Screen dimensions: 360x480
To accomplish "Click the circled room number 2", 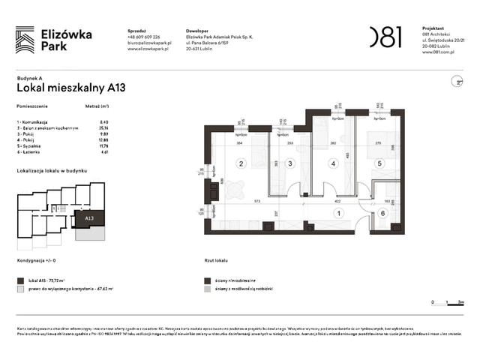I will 241,163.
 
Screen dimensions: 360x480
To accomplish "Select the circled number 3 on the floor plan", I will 288,163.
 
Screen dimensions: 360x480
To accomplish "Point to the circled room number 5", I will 379,163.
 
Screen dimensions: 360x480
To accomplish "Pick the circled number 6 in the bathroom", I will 382,214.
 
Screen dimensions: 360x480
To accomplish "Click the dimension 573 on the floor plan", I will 256,201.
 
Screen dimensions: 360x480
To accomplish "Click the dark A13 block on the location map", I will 89,219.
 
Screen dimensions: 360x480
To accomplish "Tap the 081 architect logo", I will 386,35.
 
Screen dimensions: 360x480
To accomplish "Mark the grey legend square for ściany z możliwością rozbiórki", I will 206,288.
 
